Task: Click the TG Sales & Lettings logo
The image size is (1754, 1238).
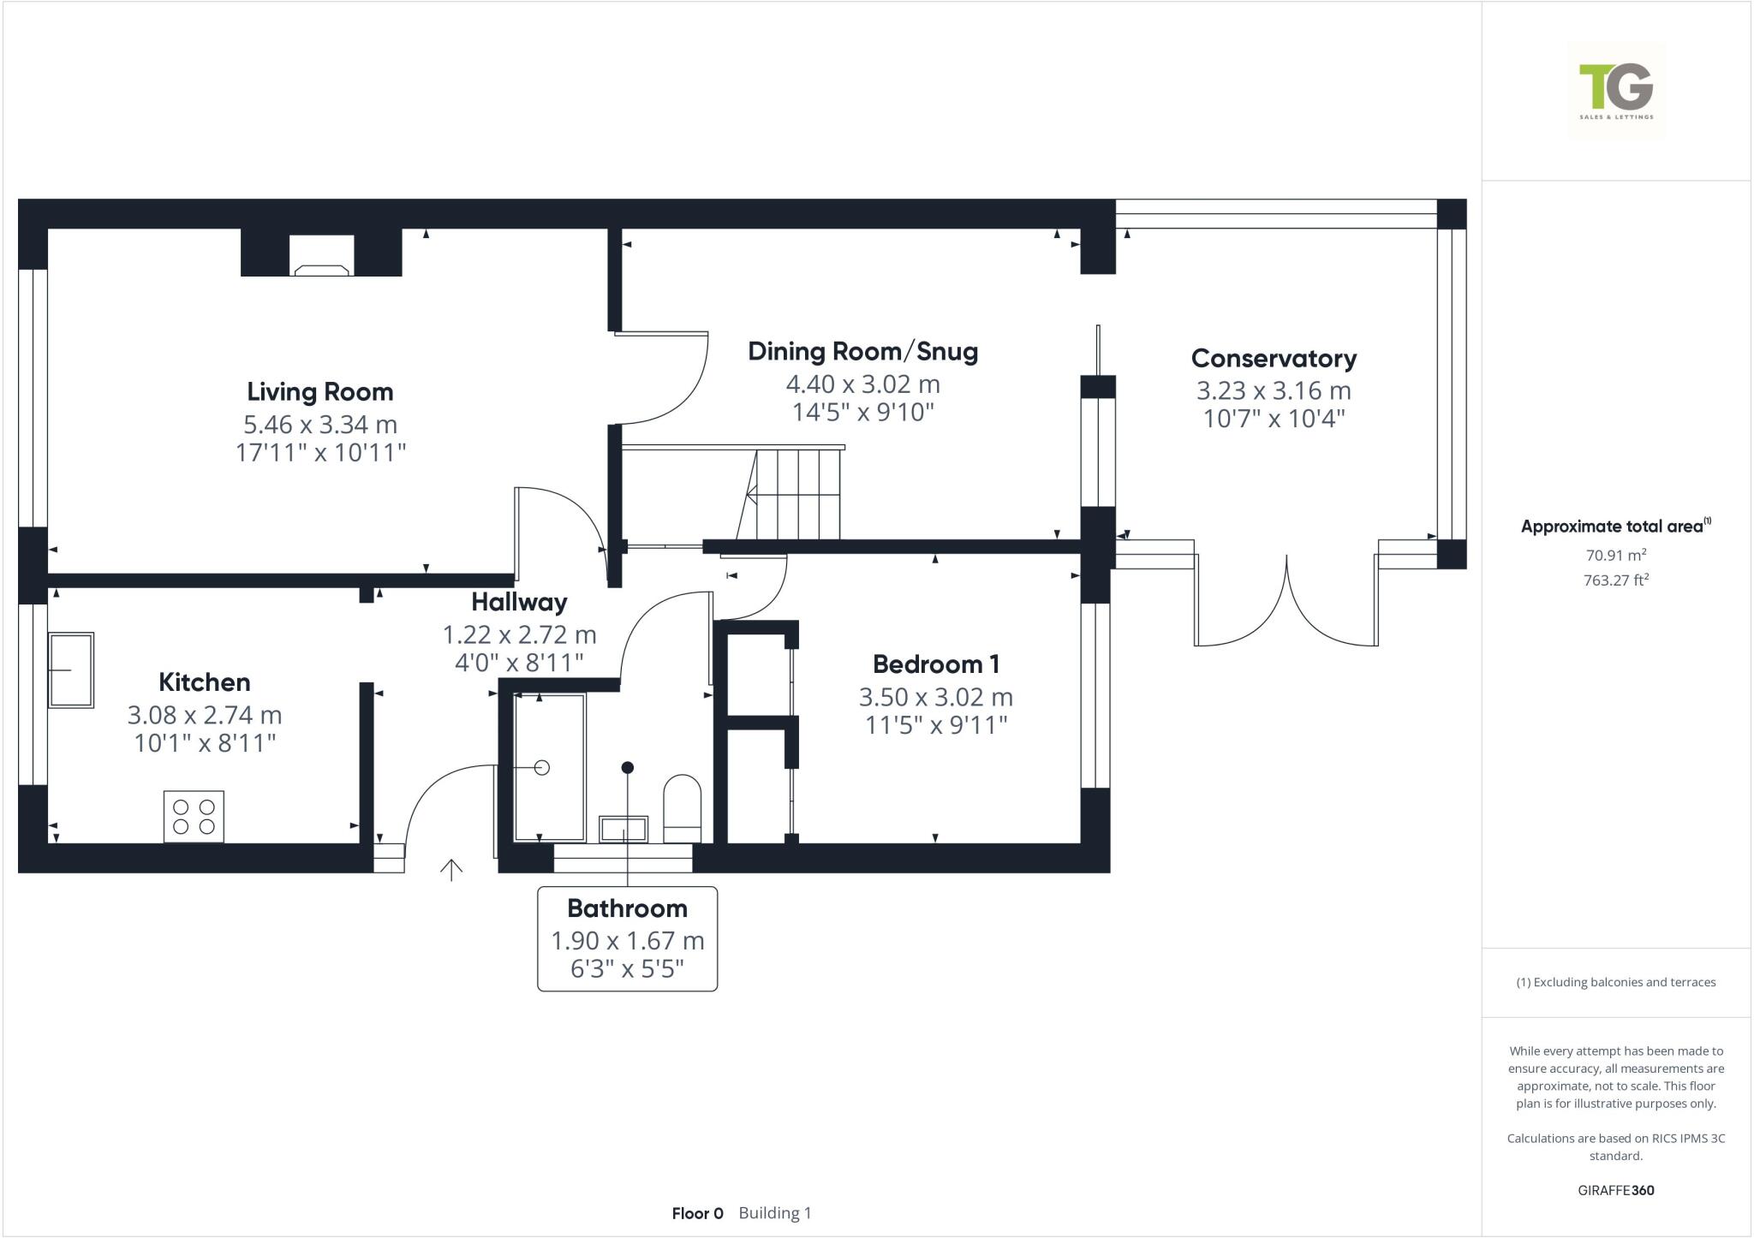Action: click(x=1616, y=91)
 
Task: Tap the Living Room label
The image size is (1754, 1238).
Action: click(x=320, y=391)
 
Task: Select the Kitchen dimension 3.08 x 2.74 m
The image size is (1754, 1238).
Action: click(x=205, y=714)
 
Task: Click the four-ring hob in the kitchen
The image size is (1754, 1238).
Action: click(x=194, y=816)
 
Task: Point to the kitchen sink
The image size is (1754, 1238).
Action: click(x=71, y=670)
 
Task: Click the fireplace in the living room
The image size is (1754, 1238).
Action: click(x=322, y=255)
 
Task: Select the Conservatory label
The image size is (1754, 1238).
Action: click(x=1274, y=358)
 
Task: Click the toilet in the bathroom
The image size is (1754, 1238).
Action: click(x=682, y=808)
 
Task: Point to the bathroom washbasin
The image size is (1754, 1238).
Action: click(x=623, y=829)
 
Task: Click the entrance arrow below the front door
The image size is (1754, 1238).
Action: click(x=451, y=870)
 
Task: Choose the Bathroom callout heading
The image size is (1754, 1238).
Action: click(x=627, y=908)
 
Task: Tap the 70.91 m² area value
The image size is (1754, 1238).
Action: click(x=1615, y=555)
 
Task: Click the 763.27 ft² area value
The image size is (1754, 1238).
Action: click(x=1615, y=580)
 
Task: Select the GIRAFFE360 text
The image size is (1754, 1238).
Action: click(x=1615, y=1190)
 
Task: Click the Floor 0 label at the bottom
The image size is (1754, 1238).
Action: click(x=697, y=1213)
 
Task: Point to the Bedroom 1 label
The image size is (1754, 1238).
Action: click(x=935, y=664)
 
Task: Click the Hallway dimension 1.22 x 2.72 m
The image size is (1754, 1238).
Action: click(x=519, y=634)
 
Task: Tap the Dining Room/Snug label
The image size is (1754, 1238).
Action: click(x=862, y=351)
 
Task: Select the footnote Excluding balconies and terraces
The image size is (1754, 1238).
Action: click(x=1615, y=982)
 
